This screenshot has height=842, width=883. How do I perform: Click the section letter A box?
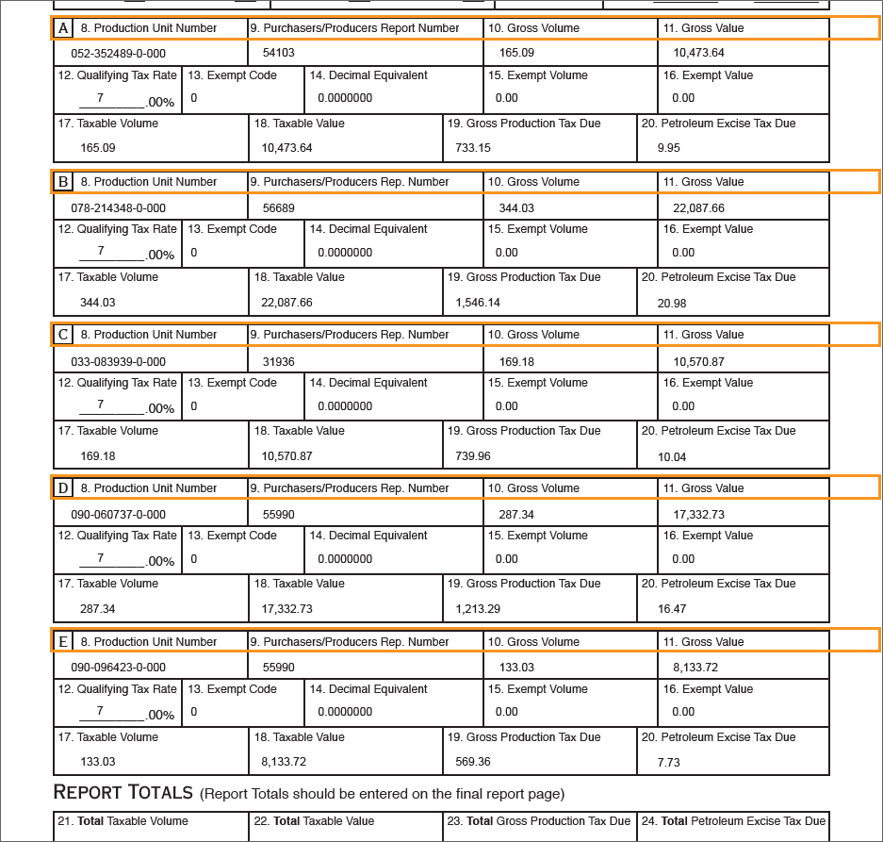(63, 28)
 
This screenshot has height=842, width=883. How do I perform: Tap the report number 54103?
(278, 53)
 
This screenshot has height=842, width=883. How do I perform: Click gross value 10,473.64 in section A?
(698, 53)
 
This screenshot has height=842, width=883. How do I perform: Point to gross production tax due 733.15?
(473, 147)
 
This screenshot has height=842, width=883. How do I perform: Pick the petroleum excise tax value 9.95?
(669, 147)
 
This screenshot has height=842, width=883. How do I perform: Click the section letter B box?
(63, 182)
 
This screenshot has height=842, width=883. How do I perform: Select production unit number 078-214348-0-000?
(118, 207)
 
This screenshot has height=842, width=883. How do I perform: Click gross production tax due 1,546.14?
(478, 303)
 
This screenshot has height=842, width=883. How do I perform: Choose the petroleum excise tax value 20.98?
(672, 303)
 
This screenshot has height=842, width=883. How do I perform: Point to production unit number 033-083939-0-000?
(118, 361)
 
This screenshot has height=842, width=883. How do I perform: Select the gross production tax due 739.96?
(473, 456)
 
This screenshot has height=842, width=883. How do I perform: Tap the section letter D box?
(63, 488)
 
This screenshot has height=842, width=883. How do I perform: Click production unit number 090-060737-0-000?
(118, 514)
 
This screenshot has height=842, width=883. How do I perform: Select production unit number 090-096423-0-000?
(118, 668)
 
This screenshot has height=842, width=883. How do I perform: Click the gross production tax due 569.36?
(473, 762)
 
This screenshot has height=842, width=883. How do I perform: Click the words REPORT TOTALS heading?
(123, 792)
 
